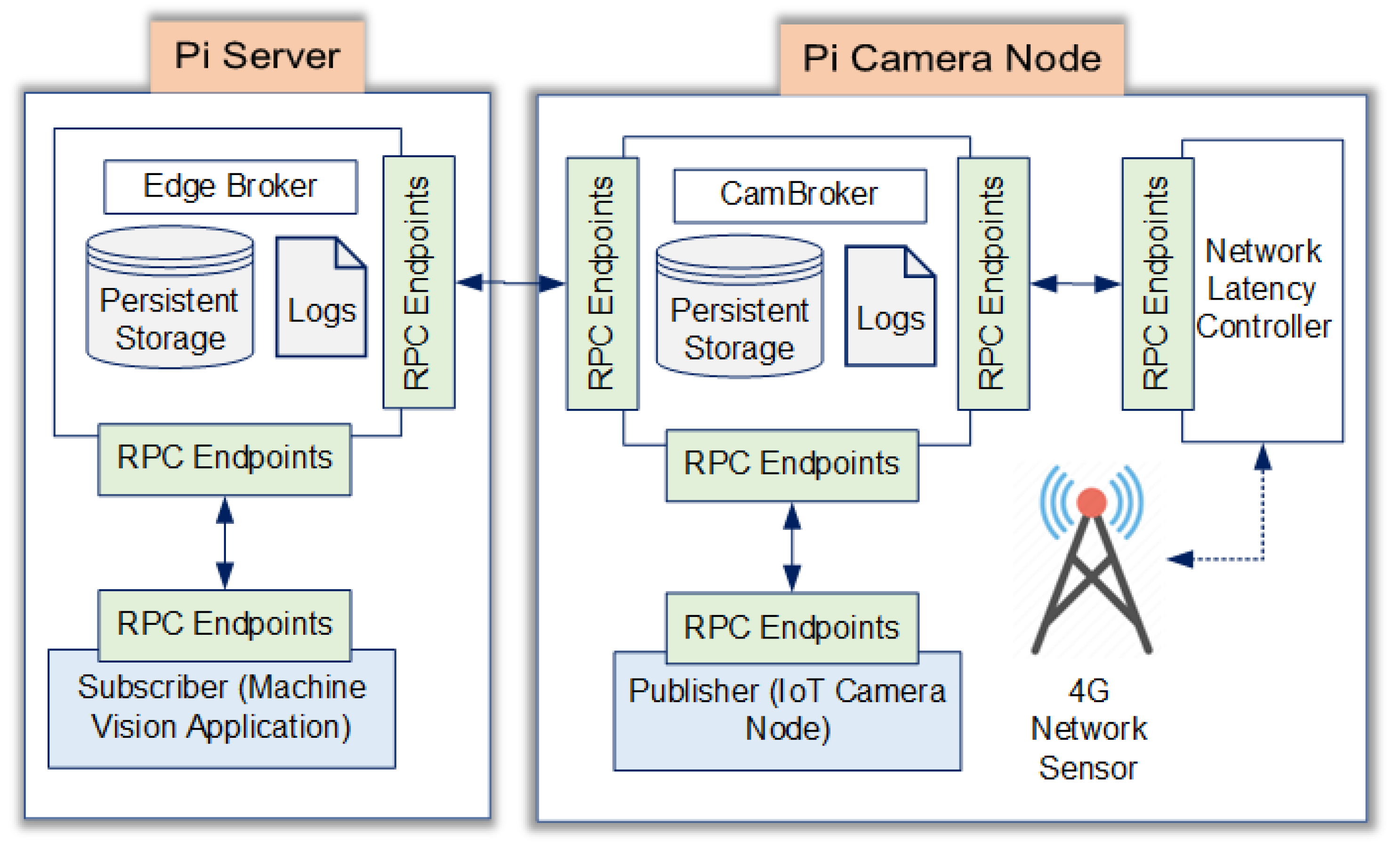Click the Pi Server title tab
(x=257, y=56)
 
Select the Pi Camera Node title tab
(x=951, y=59)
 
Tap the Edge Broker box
(x=231, y=187)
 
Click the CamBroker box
(x=799, y=195)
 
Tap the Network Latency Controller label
(x=1263, y=289)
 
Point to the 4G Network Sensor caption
(x=1089, y=729)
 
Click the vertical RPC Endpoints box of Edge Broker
(x=418, y=282)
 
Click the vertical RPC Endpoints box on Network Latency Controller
(x=1157, y=283)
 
